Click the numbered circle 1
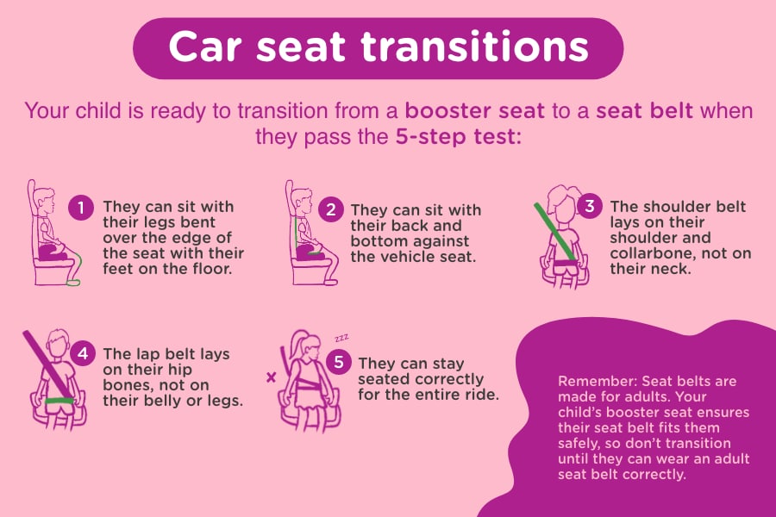coord(81,208)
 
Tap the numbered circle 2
coord(330,209)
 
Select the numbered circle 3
coord(590,205)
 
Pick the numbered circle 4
coord(83,353)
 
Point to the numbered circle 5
coord(339,362)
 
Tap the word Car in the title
coord(205,47)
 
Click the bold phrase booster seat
coord(474,111)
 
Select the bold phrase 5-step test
coord(455,136)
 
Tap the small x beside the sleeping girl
coord(271,377)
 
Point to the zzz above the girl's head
coord(341,339)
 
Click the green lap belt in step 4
coord(59,401)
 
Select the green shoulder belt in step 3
coord(555,231)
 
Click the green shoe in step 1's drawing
coord(72,283)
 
